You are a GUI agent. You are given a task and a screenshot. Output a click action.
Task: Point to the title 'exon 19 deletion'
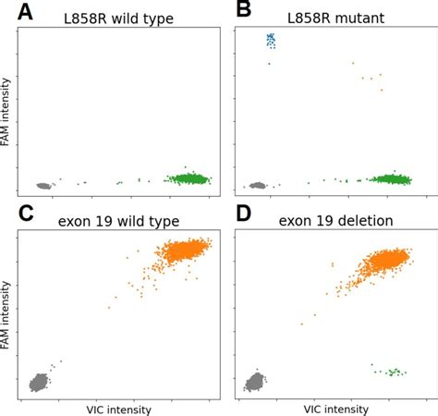pyautogui.click(x=335, y=221)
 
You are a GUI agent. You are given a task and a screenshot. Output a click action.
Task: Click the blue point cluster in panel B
pyautogui.click(x=271, y=40)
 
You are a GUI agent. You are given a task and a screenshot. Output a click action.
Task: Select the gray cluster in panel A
pyautogui.click(x=43, y=185)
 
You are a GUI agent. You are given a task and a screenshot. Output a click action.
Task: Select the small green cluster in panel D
pyautogui.click(x=393, y=372)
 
